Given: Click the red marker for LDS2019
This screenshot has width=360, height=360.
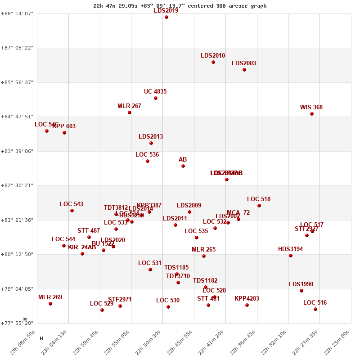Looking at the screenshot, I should tap(166, 17).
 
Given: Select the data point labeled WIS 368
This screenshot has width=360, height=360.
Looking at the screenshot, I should tap(312, 114).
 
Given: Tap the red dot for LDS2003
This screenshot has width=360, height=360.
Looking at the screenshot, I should tap(244, 70).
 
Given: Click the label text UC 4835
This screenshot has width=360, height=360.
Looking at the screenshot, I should tap(155, 92).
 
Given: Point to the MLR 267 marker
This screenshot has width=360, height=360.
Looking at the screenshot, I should tap(130, 112).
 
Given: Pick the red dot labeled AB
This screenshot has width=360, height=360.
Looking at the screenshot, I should tap(183, 166).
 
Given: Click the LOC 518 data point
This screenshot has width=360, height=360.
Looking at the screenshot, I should tap(259, 206).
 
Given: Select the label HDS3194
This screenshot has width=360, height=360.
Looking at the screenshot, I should tap(290, 249).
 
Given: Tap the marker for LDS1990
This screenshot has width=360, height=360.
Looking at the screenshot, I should tap(301, 291).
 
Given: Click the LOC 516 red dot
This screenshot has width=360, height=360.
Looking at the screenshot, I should tap(315, 309).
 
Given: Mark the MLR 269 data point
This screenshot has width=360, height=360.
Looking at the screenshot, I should tap(50, 304).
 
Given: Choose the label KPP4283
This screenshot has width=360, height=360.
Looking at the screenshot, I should tap(247, 299).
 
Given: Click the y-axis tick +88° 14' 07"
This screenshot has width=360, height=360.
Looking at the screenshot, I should tap(18, 13).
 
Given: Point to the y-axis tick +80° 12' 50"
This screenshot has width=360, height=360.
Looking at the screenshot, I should tap(18, 254).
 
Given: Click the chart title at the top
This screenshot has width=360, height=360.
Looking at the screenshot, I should tap(180, 6).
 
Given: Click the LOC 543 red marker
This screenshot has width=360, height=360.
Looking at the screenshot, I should tap(72, 211).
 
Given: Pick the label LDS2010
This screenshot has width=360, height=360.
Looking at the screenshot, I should tap(213, 56).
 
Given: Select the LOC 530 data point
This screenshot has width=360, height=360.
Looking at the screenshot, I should tap(168, 307).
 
